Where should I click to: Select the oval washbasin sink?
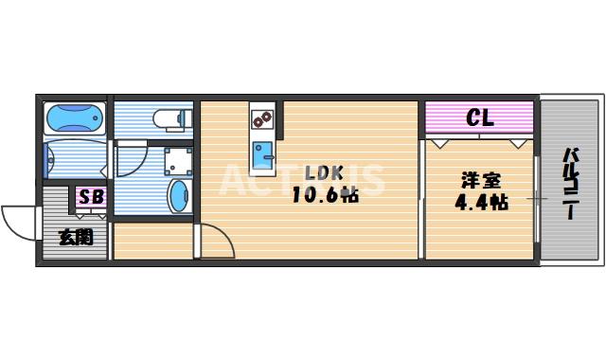[x=177, y=197]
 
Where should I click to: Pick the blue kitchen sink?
[x=262, y=151]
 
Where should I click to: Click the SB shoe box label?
[x=91, y=197]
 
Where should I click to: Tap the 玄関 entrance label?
[x=77, y=237]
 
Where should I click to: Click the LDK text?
[x=324, y=173]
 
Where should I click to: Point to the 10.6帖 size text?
[x=324, y=195]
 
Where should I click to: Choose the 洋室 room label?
[x=480, y=179]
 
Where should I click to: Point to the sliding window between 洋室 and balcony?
[x=537, y=199]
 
